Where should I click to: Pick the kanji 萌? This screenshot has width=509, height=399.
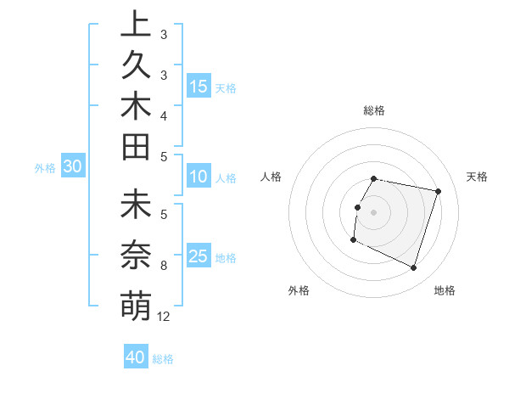[136, 305]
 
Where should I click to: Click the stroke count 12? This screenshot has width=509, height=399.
[164, 317]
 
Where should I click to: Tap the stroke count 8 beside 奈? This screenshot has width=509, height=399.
[164, 266]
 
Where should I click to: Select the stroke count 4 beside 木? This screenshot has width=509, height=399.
[164, 115]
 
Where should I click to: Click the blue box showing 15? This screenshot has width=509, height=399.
[199, 87]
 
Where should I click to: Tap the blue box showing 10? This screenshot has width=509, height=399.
[199, 177]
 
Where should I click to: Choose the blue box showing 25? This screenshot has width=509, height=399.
[199, 257]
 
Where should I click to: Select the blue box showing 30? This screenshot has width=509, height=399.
[73, 167]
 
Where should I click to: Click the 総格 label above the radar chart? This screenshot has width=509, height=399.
[374, 110]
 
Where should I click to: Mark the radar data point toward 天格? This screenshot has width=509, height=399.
[438, 192]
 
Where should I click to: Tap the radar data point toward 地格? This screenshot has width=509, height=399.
[413, 267]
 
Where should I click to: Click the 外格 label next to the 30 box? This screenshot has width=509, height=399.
[45, 168]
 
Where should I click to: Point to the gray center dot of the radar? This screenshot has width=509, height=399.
[374, 212]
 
